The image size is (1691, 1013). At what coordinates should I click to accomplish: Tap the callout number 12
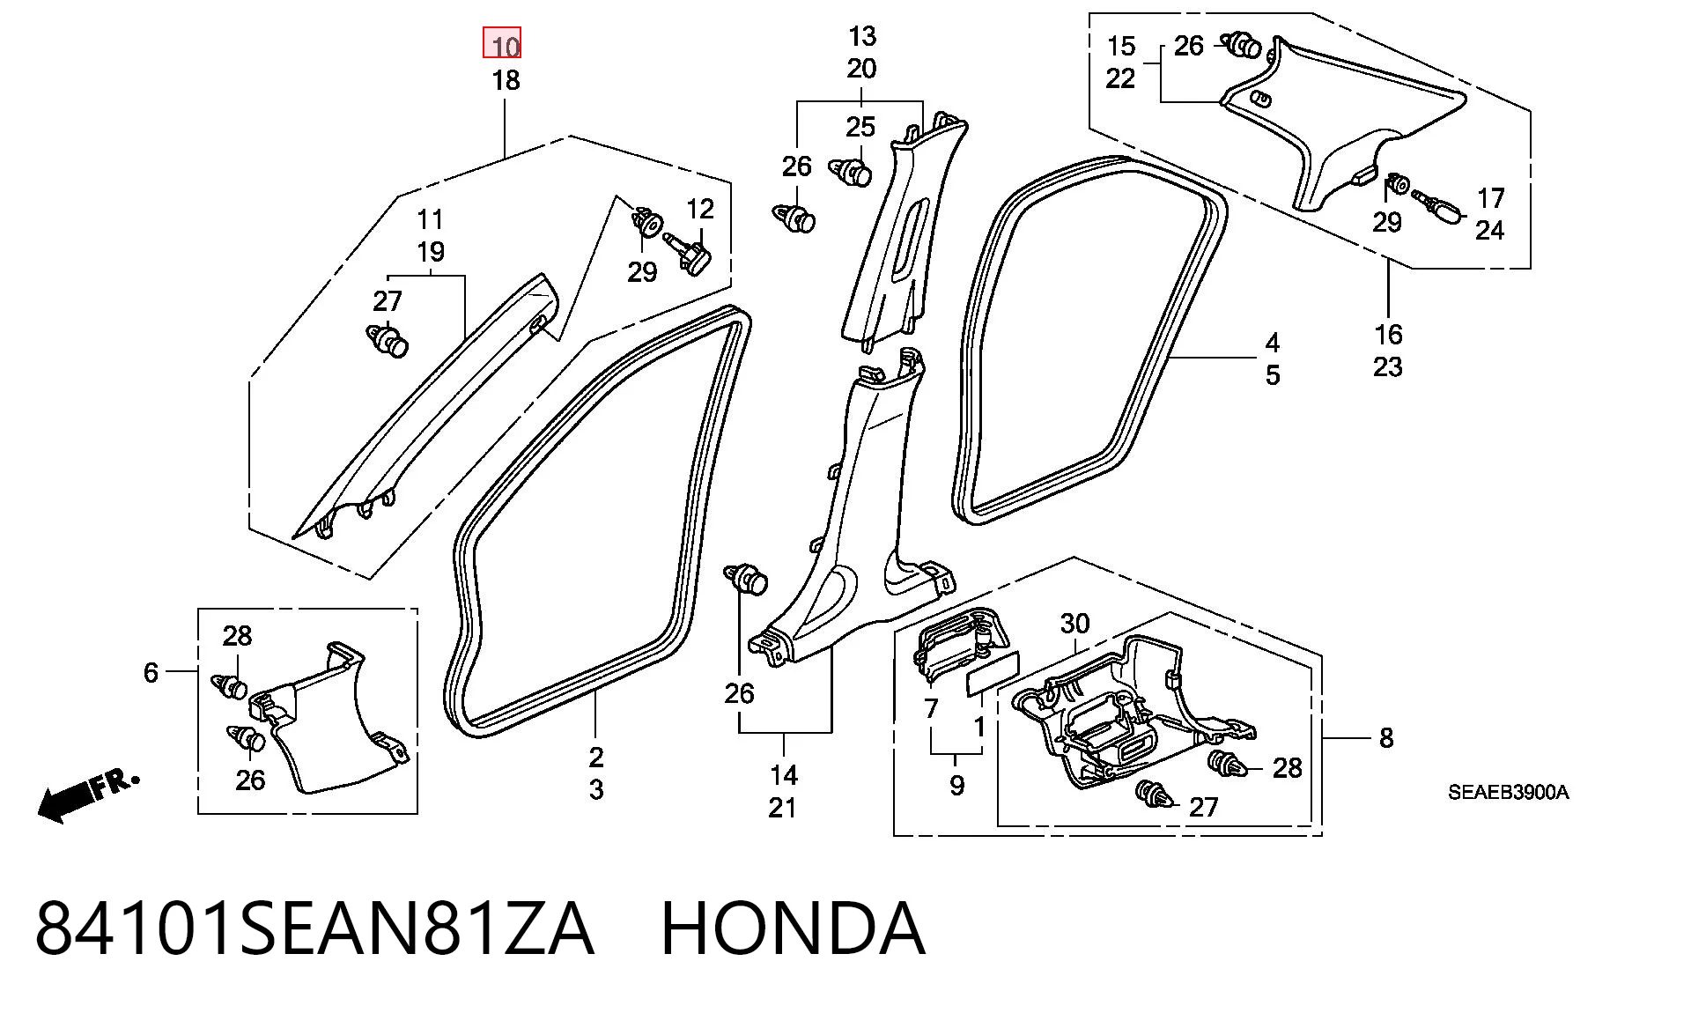point(700,209)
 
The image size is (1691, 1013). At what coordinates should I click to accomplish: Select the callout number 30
point(1074,624)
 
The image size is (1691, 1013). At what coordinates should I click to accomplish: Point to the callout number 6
point(151,673)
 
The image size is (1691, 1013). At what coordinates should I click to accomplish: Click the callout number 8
point(1386,738)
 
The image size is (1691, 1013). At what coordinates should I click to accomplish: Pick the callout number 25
point(860,127)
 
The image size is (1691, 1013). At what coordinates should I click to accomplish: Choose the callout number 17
point(1491,197)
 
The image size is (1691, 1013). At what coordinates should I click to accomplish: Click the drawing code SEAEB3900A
point(1509,792)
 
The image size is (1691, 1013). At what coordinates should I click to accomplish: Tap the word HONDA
point(793,928)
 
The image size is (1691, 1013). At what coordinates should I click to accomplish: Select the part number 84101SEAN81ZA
point(314,928)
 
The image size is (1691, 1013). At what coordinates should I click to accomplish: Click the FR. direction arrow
point(88,796)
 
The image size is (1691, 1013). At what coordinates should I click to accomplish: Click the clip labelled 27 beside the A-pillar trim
point(388,340)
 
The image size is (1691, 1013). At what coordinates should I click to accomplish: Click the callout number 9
point(957,786)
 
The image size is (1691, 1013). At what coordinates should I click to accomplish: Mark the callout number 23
point(1387,367)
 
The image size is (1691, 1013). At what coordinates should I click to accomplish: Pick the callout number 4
point(1273,343)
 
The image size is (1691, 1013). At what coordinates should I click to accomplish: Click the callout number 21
point(783,808)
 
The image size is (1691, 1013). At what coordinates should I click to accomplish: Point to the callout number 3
point(596,790)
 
